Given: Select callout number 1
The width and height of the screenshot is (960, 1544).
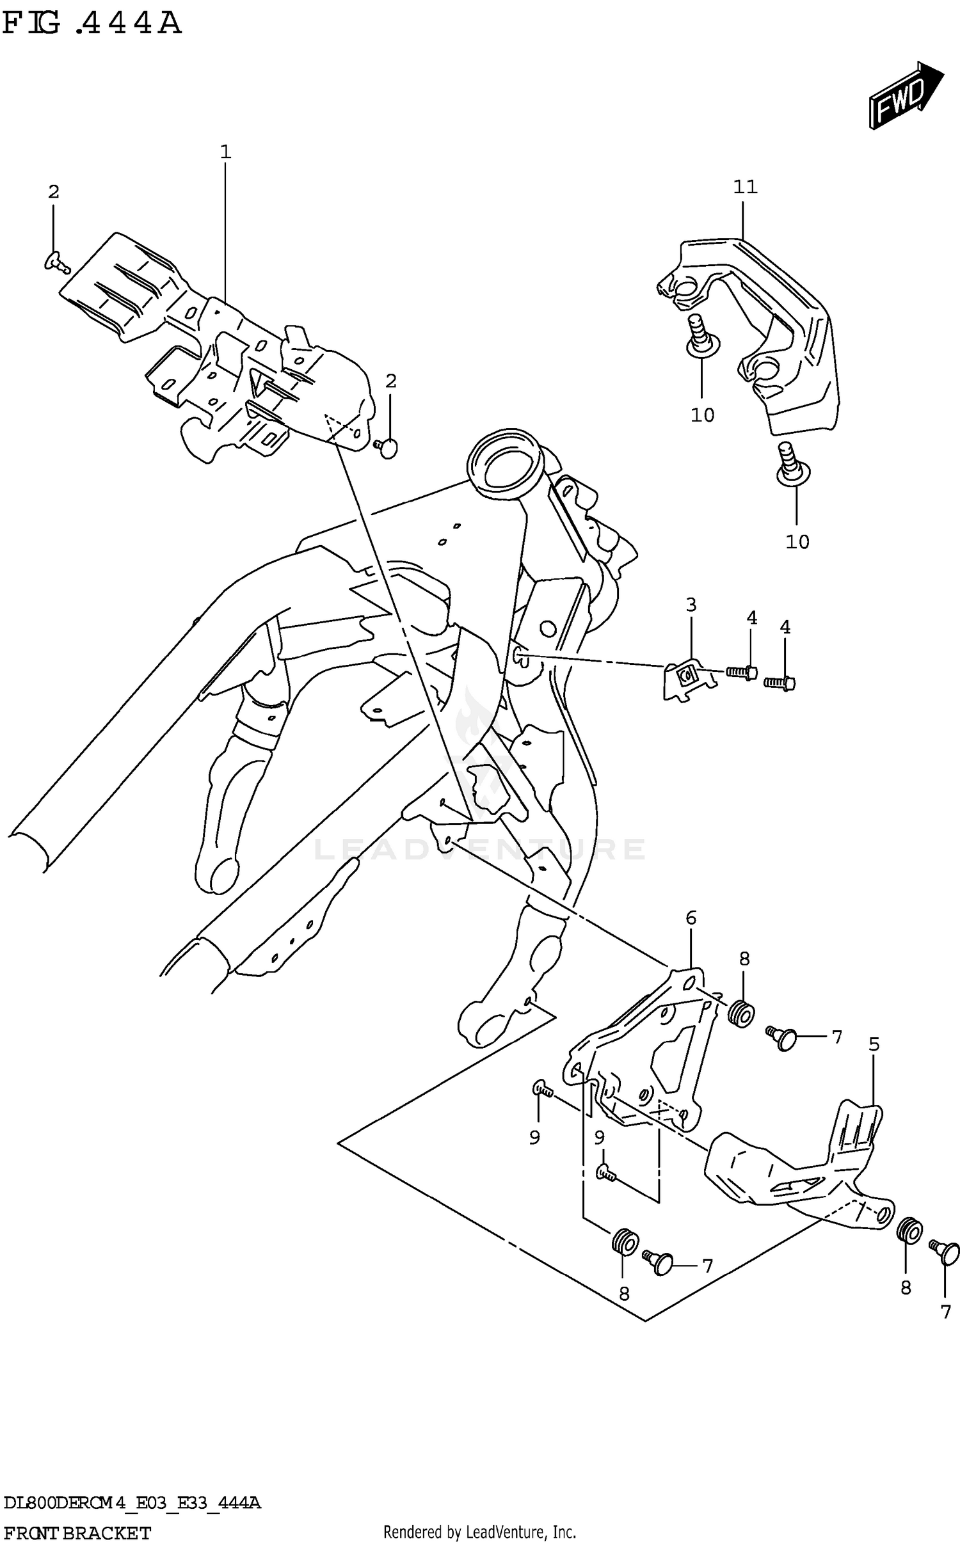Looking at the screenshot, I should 225,152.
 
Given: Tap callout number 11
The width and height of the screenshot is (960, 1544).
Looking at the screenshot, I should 745,187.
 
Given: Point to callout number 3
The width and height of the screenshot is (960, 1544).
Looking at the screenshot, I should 691,605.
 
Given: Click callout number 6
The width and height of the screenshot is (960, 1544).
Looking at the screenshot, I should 691,918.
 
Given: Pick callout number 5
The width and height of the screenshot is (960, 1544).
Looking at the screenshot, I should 874,1045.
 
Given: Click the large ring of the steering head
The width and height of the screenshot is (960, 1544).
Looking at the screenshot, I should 506,466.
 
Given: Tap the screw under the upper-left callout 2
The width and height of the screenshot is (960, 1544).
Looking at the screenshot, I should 56,260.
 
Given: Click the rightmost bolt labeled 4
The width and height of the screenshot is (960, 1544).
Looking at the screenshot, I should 780,684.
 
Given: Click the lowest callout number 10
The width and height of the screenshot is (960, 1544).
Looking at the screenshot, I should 797,542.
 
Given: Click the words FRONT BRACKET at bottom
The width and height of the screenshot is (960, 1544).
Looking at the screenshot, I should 77,1532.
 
